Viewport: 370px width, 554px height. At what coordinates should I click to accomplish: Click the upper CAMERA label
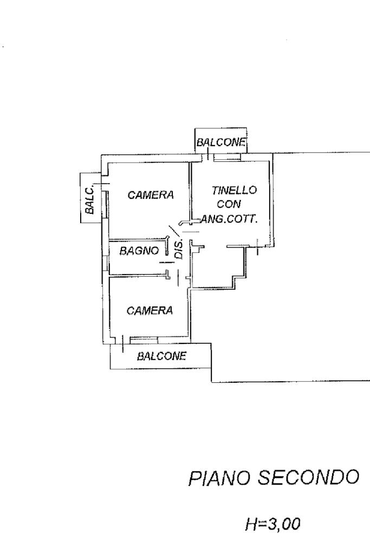pyautogui.click(x=151, y=195)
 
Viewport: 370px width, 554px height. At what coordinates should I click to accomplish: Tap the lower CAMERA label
pyautogui.click(x=150, y=310)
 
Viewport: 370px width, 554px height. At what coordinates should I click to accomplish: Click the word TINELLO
pyautogui.click(x=235, y=190)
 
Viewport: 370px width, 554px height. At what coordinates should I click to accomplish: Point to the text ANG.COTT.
pyautogui.click(x=229, y=219)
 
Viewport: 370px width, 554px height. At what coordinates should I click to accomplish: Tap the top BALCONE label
pyautogui.click(x=221, y=143)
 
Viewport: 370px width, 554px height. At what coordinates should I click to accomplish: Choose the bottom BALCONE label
pyautogui.click(x=161, y=356)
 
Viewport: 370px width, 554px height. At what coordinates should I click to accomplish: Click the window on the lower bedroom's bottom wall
pyautogui.click(x=143, y=340)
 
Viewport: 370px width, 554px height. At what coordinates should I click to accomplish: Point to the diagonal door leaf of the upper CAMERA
pyautogui.click(x=174, y=231)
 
